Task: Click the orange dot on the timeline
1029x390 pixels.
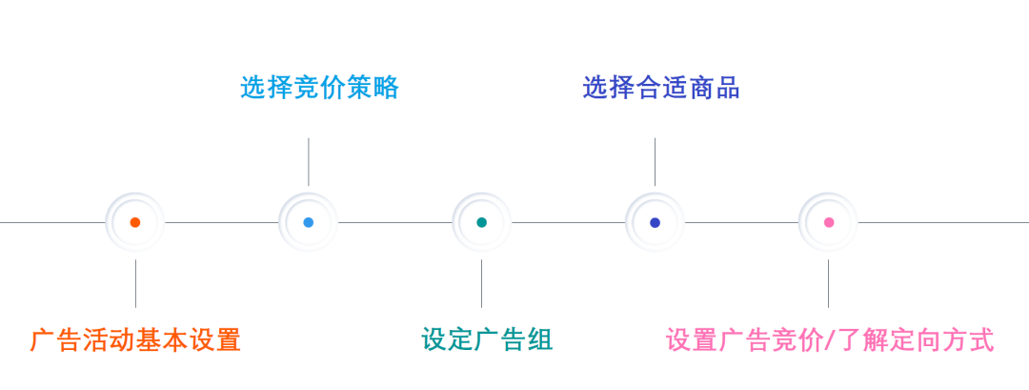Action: click(135, 222)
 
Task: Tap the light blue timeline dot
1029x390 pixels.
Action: click(308, 222)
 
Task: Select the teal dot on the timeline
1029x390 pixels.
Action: click(481, 222)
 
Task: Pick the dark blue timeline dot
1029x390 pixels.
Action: click(655, 222)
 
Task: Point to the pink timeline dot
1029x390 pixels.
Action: click(828, 222)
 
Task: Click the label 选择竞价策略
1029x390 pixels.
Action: click(319, 88)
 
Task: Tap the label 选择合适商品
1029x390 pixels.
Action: click(661, 88)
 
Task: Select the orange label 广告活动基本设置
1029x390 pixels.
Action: click(135, 340)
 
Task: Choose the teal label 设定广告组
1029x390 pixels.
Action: click(487, 340)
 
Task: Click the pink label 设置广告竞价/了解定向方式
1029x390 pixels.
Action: click(829, 340)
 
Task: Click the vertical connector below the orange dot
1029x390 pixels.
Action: click(135, 283)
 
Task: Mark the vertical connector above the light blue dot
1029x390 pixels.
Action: click(308, 161)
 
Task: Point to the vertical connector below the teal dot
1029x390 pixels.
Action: click(481, 283)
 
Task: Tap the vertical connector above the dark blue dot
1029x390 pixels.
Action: click(655, 161)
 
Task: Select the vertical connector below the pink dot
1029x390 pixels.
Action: click(828, 283)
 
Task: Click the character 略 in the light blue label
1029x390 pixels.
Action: click(386, 88)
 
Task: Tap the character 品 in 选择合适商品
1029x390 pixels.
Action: click(728, 88)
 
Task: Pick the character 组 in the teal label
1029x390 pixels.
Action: click(540, 340)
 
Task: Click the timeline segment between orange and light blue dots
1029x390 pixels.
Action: click(221, 222)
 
